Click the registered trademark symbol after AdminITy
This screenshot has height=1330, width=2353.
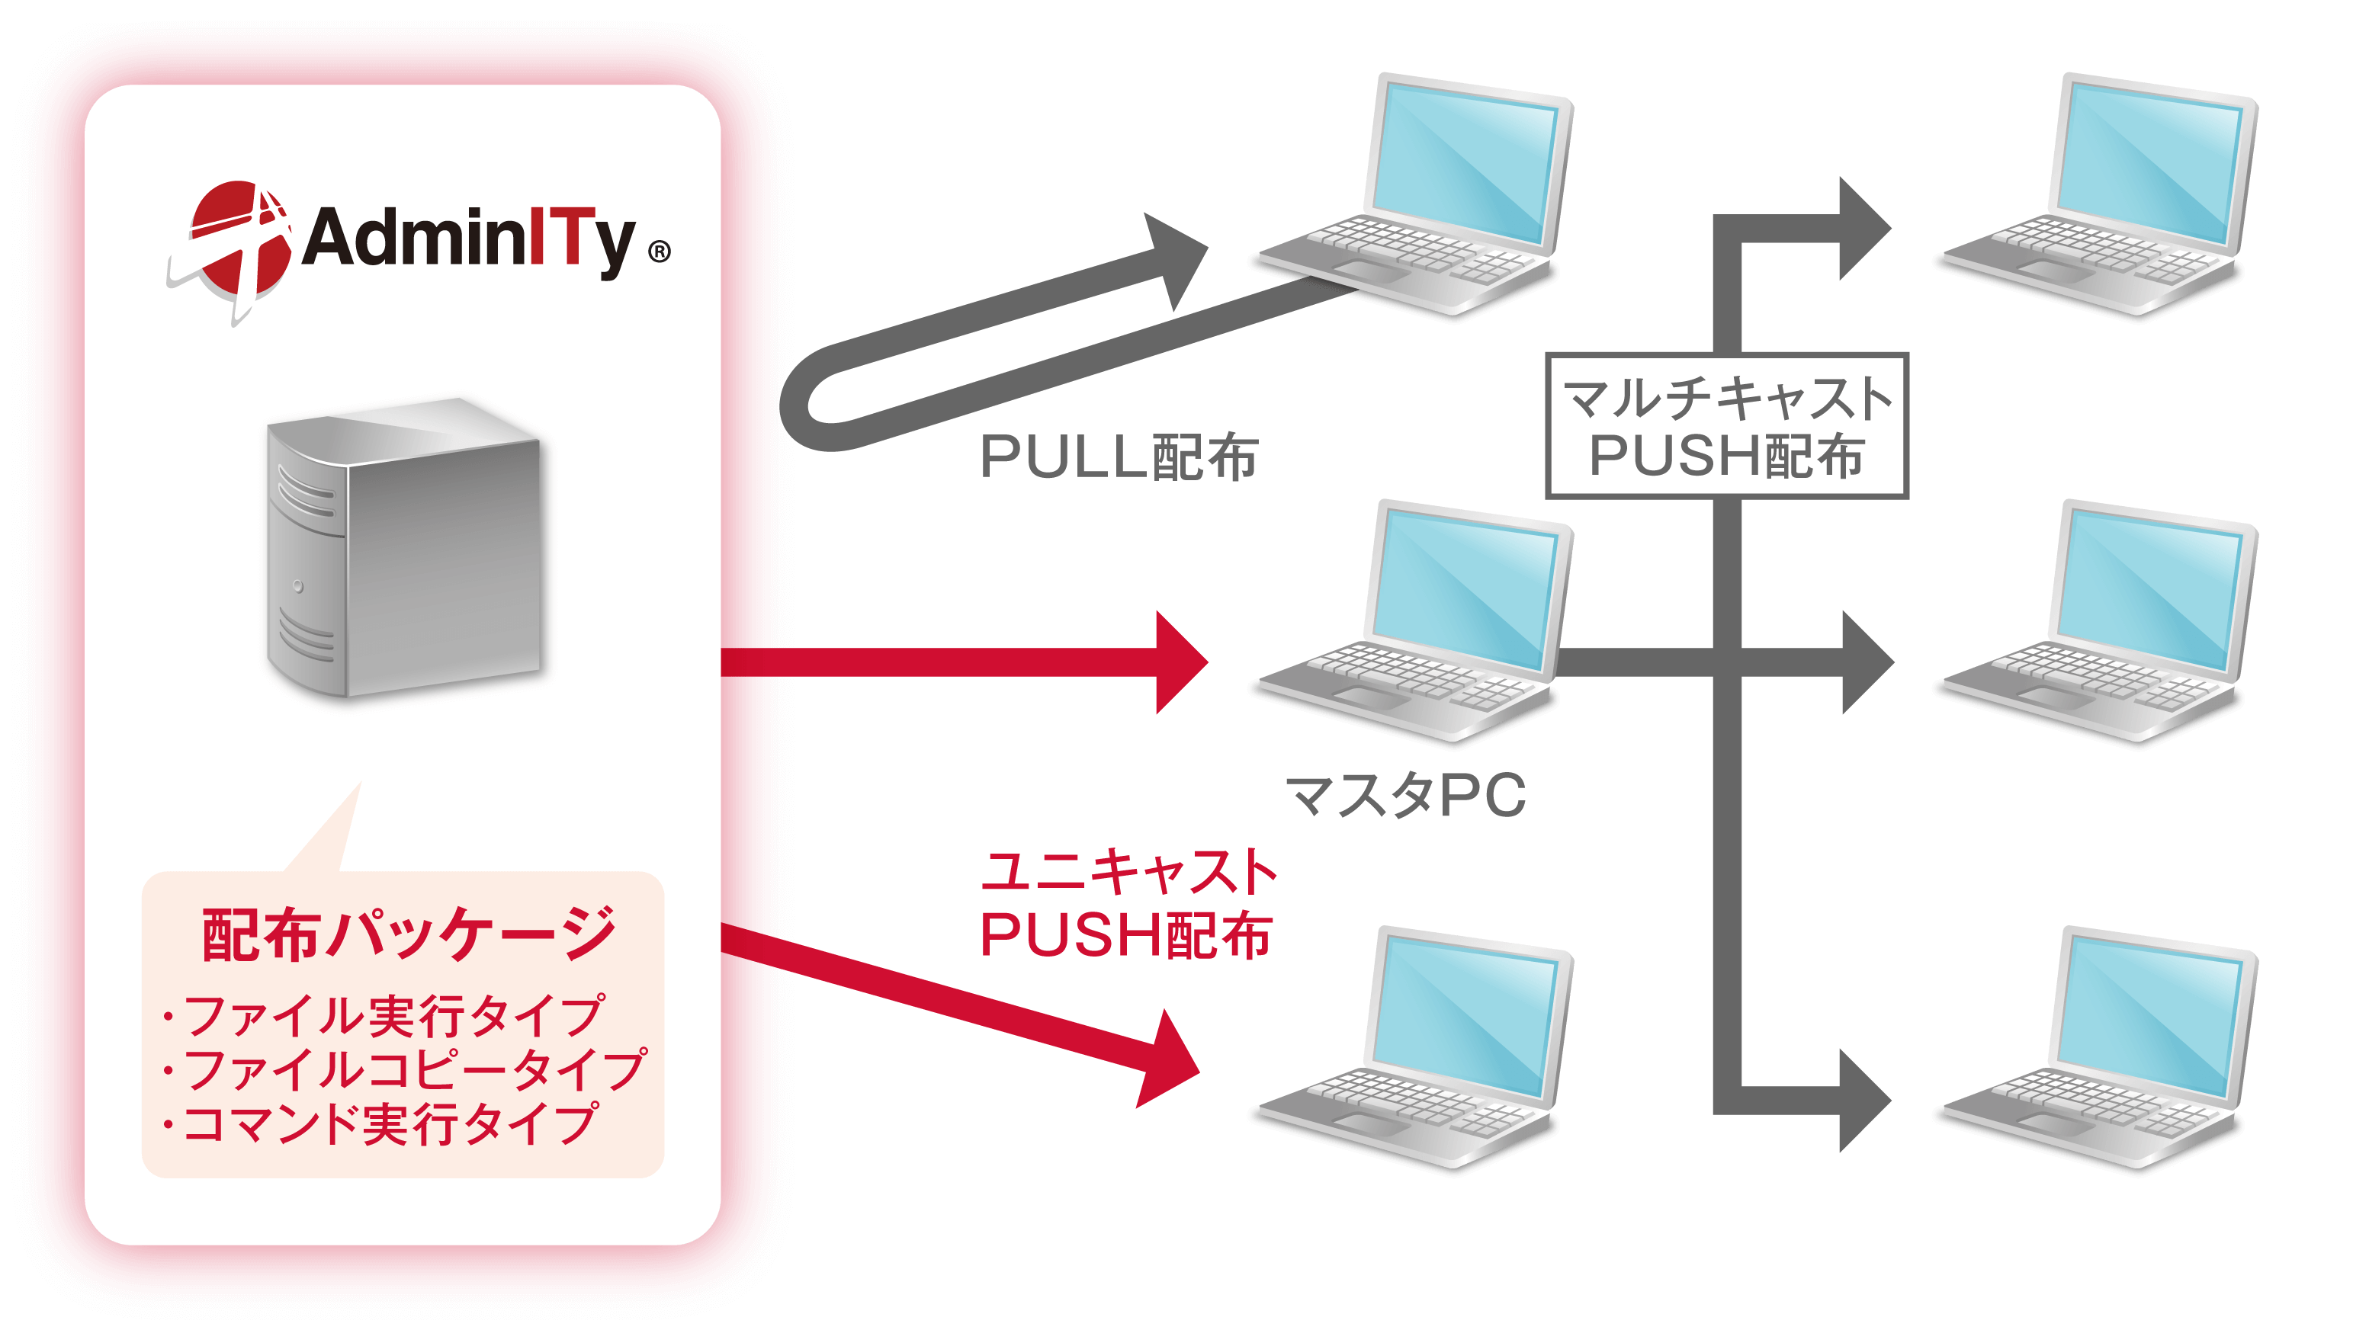pos(659,252)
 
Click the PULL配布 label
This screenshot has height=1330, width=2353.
pos(1119,457)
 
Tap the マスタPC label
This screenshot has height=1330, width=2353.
pos(1405,795)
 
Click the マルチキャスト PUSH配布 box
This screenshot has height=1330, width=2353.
pos(1726,425)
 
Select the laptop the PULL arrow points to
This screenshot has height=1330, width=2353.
pos(1417,193)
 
